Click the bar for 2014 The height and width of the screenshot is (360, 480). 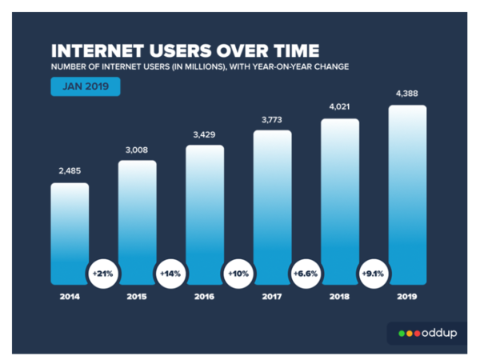click(x=70, y=232)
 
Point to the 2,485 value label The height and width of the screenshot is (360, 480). click(x=70, y=170)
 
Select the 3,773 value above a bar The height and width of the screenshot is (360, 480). click(x=273, y=119)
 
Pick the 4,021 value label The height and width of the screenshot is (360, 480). click(x=340, y=106)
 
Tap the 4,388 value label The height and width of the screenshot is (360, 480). click(x=407, y=93)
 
